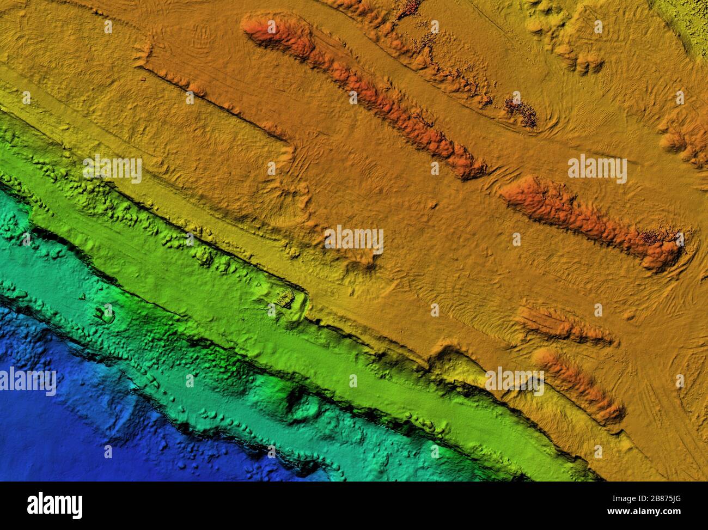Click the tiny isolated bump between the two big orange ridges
tap(433, 205)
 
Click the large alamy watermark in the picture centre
tap(354, 240)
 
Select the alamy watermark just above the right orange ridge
tap(597, 169)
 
